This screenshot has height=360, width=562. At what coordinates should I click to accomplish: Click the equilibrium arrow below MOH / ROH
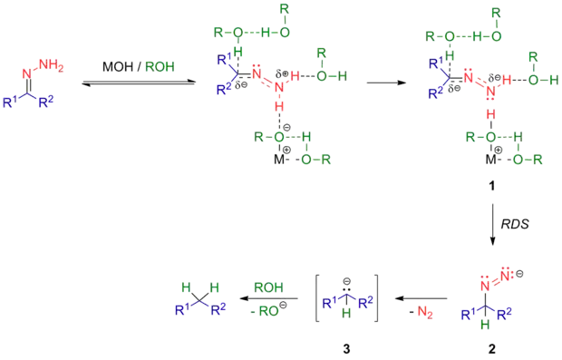[x=139, y=84]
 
